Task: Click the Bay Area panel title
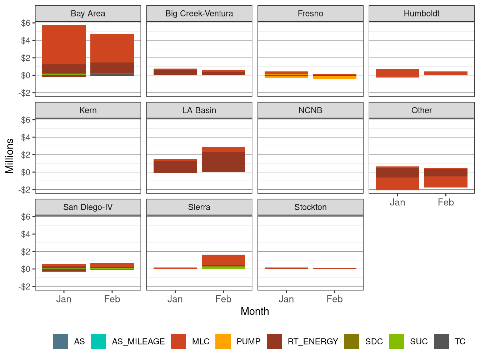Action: [x=88, y=14]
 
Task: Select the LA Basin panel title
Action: [x=199, y=110]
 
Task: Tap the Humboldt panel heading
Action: [x=421, y=14]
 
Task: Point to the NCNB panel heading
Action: [x=310, y=110]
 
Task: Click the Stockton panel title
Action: [x=310, y=207]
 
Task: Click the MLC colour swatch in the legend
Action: [x=179, y=341]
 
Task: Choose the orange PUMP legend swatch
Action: [x=223, y=341]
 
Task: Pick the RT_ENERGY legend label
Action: [x=313, y=341]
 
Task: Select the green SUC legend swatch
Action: [x=396, y=341]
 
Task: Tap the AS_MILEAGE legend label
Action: [x=138, y=341]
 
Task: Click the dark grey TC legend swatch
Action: [x=441, y=341]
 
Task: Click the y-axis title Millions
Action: [x=10, y=156]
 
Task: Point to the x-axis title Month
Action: [x=255, y=311]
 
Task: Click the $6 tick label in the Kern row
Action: [x=26, y=120]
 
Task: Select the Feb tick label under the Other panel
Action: [x=446, y=202]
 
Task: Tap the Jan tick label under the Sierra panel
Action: [x=175, y=299]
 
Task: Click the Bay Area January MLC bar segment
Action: [x=64, y=45]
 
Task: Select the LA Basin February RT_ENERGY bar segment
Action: [x=223, y=162]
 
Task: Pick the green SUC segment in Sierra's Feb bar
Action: [x=223, y=267]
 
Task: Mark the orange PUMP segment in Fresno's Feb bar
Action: [x=334, y=77]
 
